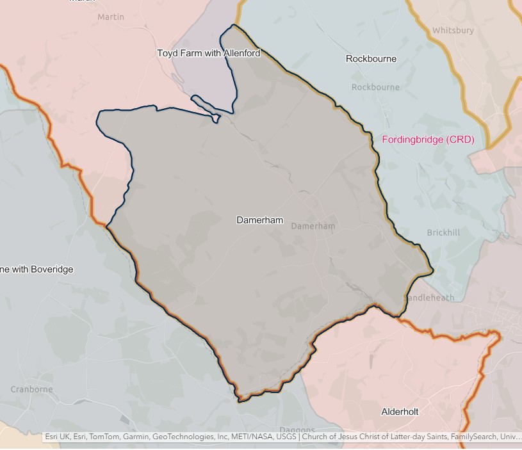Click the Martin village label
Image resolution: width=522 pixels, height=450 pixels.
coord(111,17)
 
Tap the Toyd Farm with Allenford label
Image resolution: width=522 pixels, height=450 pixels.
coord(209,53)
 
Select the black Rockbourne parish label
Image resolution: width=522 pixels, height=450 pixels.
coord(371,59)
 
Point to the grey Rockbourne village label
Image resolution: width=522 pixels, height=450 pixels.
coord(375,87)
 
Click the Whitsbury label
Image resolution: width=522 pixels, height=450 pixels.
coord(453,30)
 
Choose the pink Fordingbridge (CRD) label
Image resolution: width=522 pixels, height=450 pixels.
coord(428,140)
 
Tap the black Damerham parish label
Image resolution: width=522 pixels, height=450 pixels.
coord(259,220)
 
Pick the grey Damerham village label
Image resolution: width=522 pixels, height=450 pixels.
coord(313,226)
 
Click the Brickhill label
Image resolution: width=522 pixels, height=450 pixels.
coord(443,232)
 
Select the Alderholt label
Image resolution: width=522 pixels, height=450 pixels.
coord(400,412)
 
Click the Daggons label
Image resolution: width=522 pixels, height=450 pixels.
coord(297,430)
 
